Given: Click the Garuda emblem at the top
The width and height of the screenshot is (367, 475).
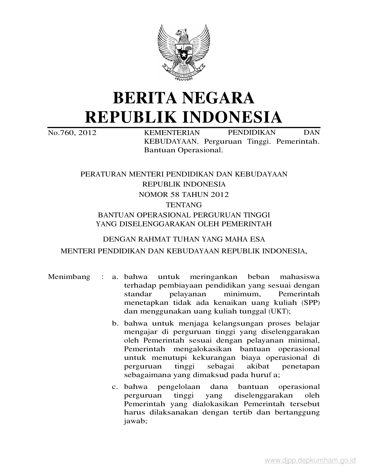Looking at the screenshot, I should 184,53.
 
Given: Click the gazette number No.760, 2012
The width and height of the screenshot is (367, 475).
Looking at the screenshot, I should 72,133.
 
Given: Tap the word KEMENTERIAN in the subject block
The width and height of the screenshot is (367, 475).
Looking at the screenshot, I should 172,133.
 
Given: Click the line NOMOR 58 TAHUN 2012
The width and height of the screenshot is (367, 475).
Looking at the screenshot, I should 184,195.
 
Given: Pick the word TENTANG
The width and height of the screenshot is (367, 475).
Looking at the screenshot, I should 184,205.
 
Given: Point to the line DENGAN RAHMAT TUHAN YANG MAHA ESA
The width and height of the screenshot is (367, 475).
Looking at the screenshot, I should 184,239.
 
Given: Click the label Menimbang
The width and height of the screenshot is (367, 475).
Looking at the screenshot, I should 69,277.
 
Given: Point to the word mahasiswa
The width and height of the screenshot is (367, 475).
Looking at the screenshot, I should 299,277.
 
